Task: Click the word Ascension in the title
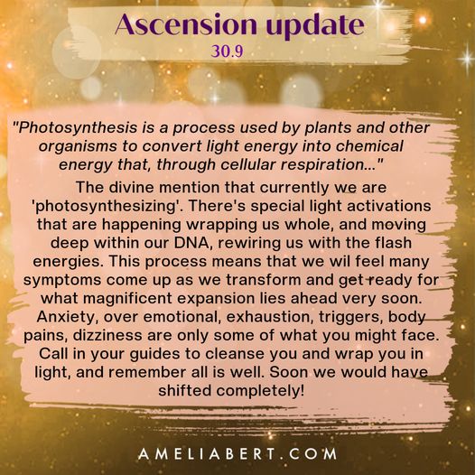[186, 24]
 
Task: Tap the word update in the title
[315, 26]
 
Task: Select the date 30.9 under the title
[228, 51]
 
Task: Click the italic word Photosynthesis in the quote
[78, 128]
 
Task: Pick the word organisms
[78, 146]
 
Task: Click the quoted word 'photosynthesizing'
[106, 206]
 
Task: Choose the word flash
[393, 243]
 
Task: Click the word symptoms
[62, 281]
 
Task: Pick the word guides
[154, 354]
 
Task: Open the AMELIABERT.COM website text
[237, 454]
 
